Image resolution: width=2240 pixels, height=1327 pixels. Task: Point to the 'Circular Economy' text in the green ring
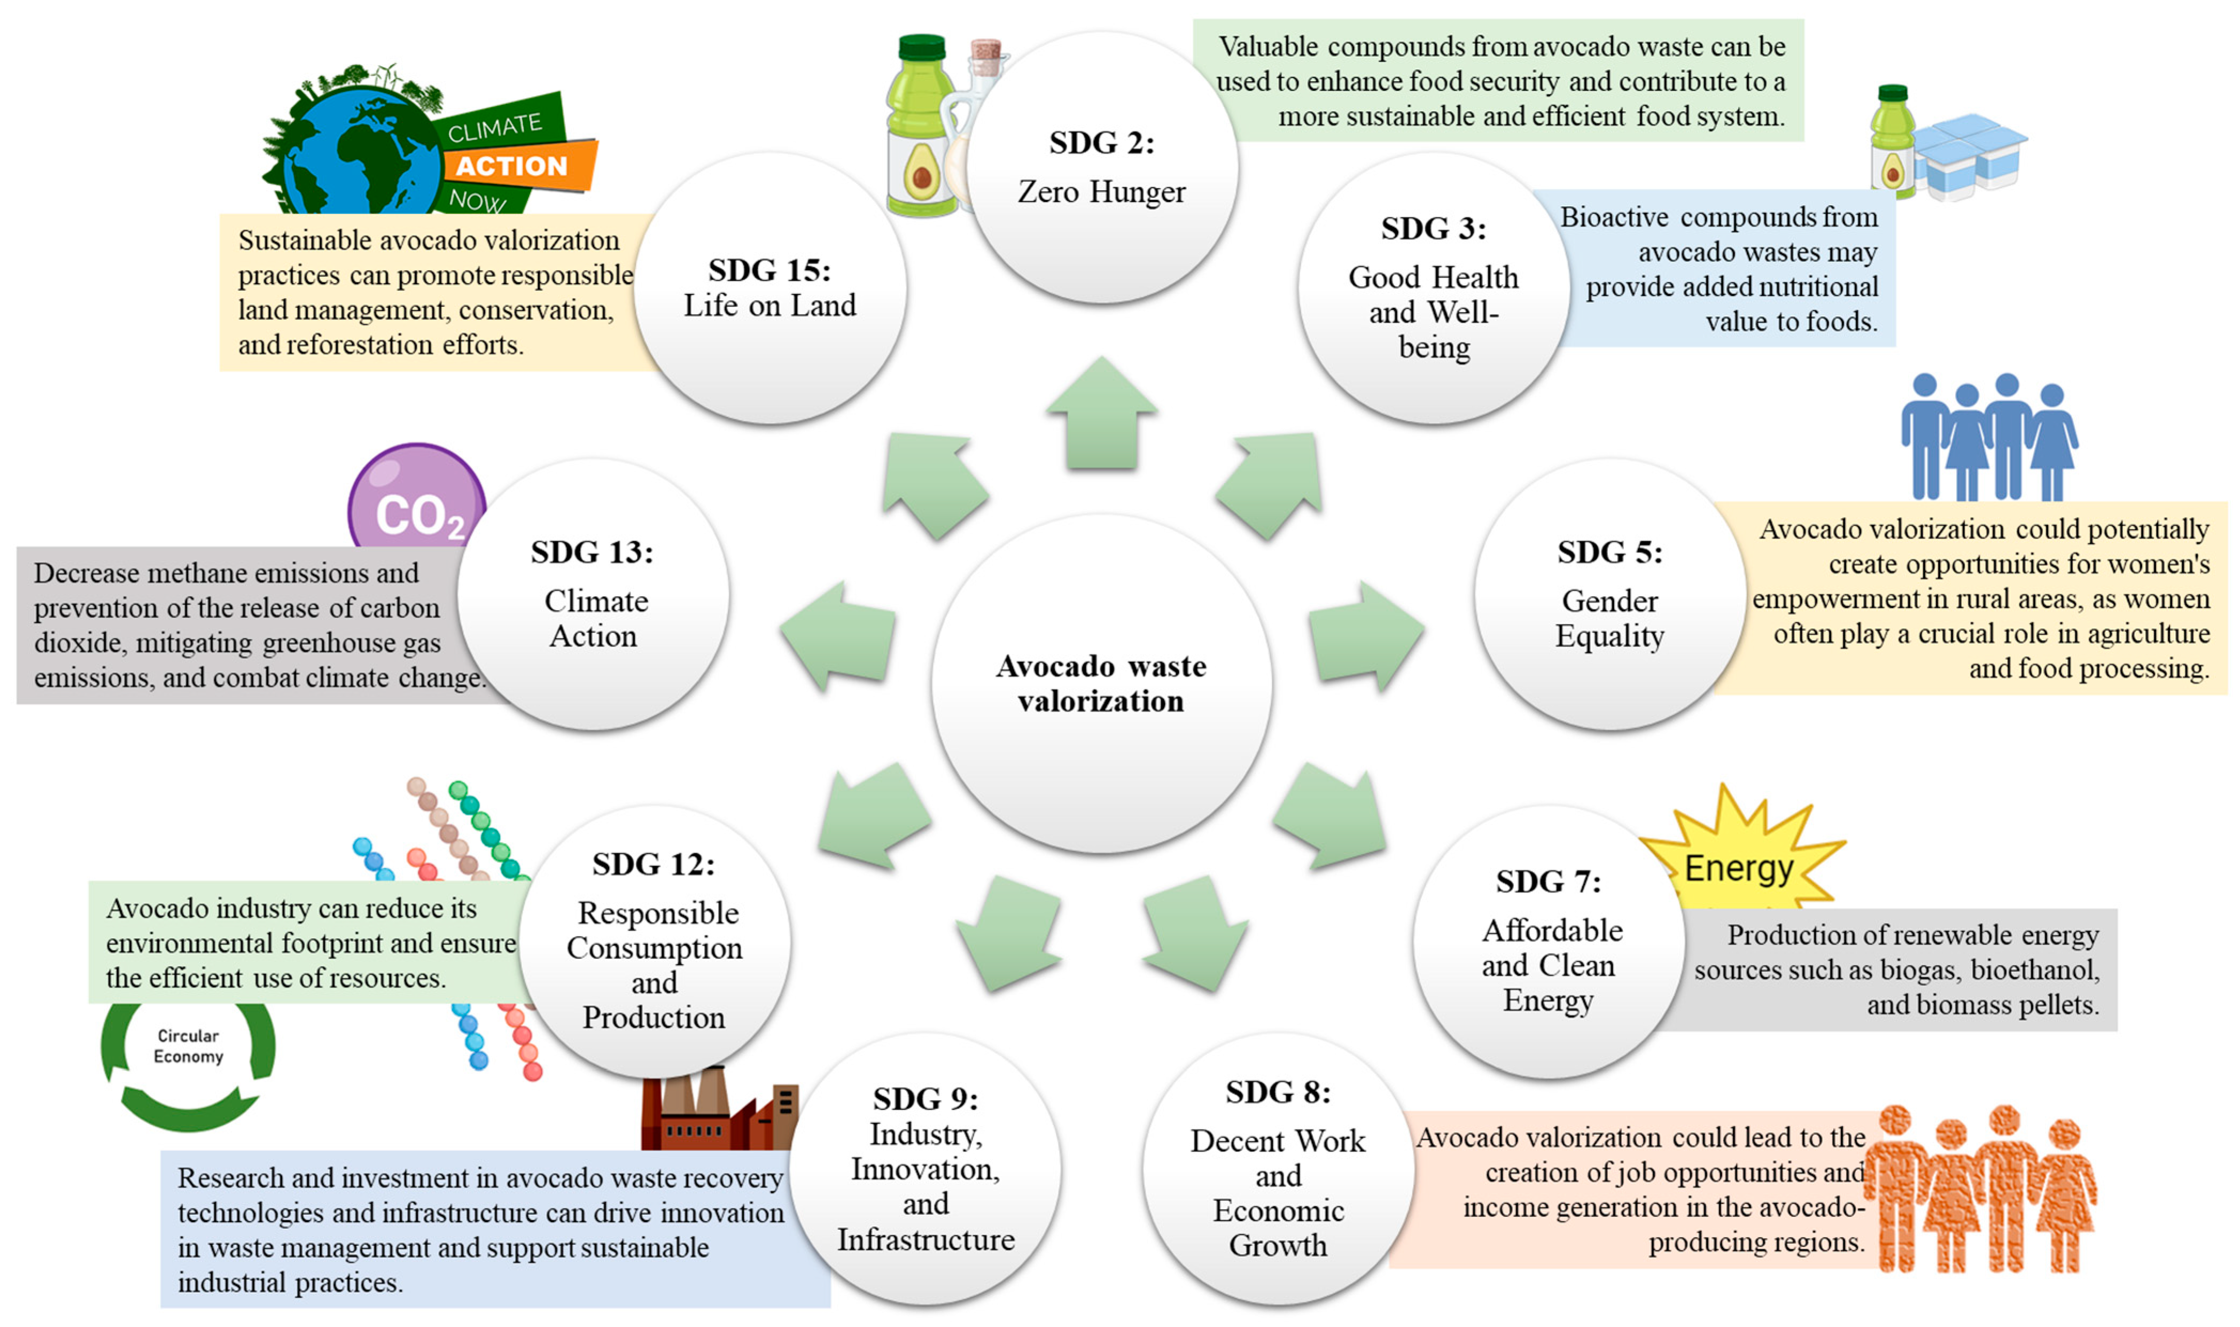(188, 1045)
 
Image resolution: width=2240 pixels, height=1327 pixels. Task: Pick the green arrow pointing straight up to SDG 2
(1102, 413)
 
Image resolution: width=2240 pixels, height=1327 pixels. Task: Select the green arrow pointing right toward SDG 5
(1364, 635)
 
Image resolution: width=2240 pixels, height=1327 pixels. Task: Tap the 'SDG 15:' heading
(769, 270)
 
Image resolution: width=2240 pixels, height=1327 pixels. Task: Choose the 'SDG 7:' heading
(1548, 881)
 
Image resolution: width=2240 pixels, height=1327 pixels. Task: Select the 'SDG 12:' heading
(653, 865)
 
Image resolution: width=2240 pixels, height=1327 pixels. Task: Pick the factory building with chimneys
(715, 1113)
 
